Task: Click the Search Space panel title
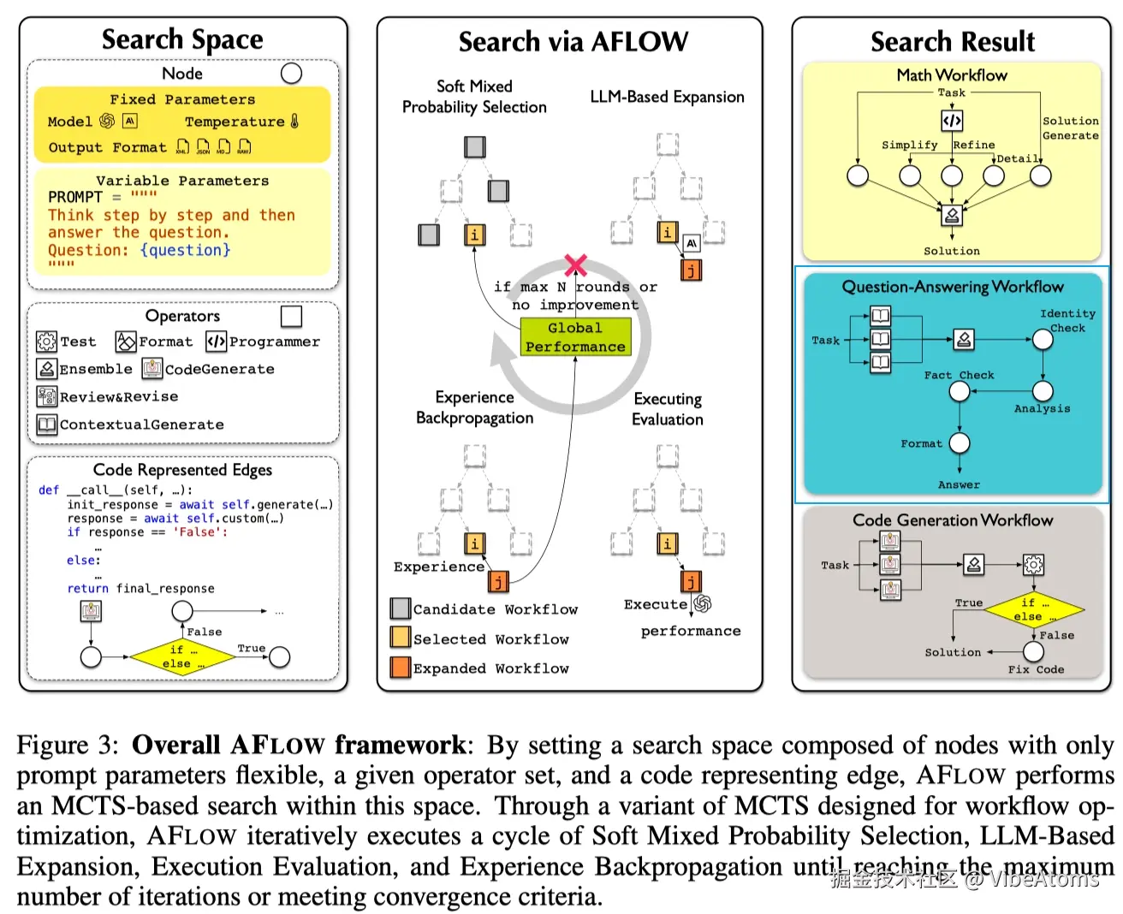point(182,39)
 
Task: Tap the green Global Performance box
point(575,337)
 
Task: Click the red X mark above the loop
point(576,265)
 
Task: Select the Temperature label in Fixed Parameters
point(235,122)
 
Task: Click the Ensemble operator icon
point(46,369)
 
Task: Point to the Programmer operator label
point(274,341)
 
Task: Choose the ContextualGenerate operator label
point(141,424)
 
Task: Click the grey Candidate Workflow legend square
point(400,608)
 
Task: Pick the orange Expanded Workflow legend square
point(400,668)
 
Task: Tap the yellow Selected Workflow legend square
point(400,638)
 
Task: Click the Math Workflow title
point(952,75)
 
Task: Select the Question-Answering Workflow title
point(952,287)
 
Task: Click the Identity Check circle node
point(1043,340)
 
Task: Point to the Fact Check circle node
point(960,391)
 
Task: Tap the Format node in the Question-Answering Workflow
point(960,443)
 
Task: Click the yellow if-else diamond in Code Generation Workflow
point(1034,609)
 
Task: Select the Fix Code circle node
point(1034,651)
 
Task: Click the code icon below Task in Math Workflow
point(952,121)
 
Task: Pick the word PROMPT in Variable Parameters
point(75,197)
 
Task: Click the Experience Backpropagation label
point(474,407)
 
